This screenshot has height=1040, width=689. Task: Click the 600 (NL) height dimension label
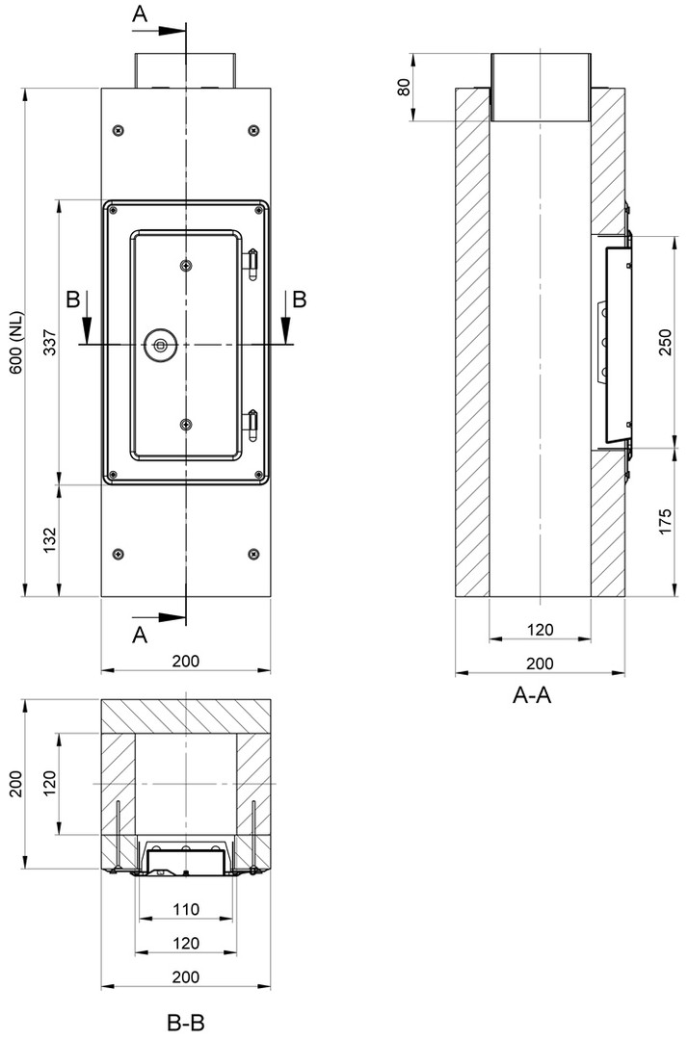[x=16, y=342]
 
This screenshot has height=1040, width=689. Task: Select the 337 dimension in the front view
[x=50, y=342]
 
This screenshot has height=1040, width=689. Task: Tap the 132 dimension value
[x=50, y=540]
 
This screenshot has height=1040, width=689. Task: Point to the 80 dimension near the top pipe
[x=404, y=87]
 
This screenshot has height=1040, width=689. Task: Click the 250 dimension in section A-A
[x=665, y=342]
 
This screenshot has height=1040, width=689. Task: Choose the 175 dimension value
[x=665, y=522]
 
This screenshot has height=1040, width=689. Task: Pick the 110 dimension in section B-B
[x=186, y=909]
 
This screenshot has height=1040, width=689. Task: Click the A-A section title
[x=532, y=694]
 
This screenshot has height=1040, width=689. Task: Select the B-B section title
[x=186, y=1022]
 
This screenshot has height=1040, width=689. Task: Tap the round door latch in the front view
[x=161, y=345]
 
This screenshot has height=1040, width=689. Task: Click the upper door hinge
[x=252, y=264]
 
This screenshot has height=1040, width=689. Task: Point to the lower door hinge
[x=252, y=426]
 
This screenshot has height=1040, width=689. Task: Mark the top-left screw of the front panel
[x=118, y=130]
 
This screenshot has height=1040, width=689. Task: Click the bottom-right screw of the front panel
[x=252, y=554]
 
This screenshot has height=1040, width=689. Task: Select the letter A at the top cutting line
[x=140, y=13]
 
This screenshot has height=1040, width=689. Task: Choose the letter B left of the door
[x=73, y=299]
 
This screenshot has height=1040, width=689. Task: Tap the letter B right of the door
[x=300, y=299]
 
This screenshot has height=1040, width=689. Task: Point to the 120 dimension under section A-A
[x=540, y=630]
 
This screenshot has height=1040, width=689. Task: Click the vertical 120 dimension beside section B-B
[x=50, y=783]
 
